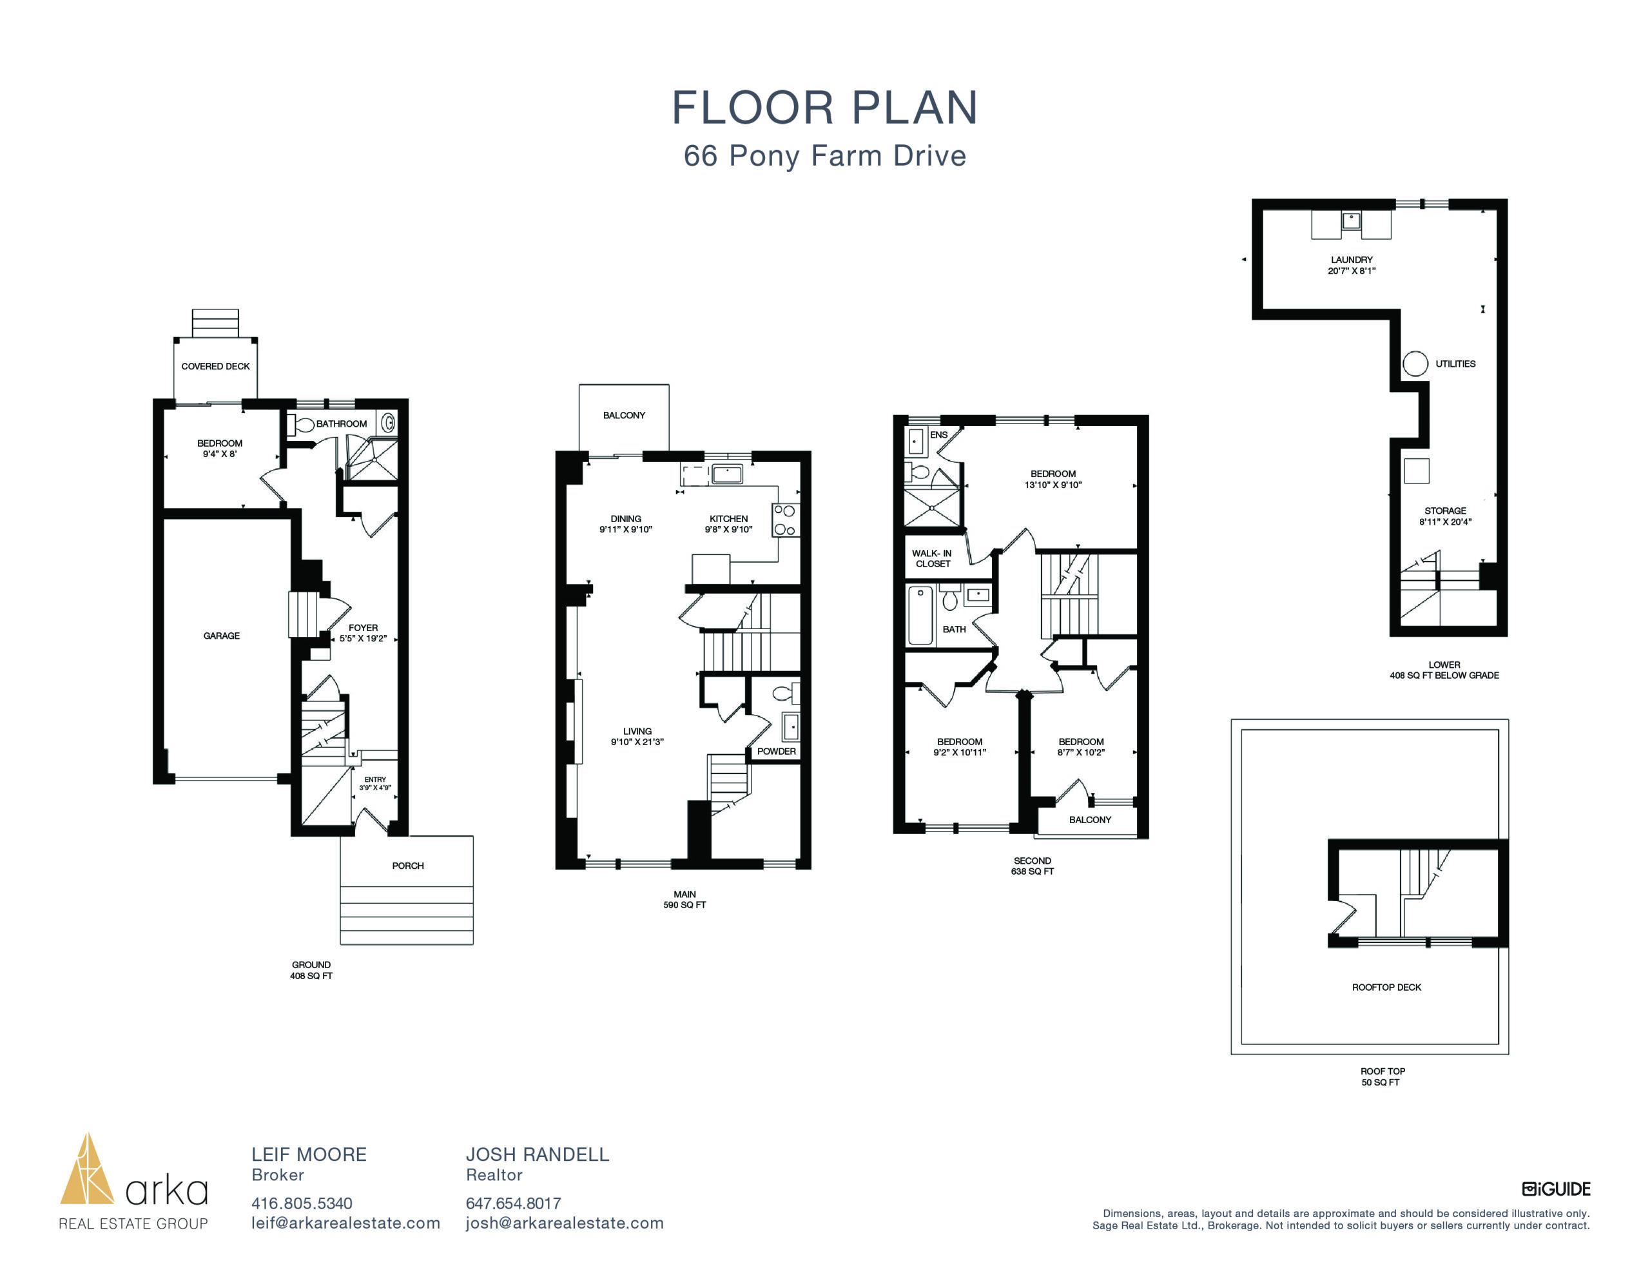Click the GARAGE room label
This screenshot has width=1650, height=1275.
click(221, 636)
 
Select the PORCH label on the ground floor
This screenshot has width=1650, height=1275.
click(408, 866)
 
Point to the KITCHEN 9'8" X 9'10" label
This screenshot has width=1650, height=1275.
click(728, 524)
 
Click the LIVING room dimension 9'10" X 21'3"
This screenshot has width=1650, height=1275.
click(637, 742)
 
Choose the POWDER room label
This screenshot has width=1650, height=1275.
click(777, 751)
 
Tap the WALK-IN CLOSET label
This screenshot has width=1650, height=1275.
click(932, 558)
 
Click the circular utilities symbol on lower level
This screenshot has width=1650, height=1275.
click(1415, 364)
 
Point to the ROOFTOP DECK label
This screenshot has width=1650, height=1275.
click(1386, 987)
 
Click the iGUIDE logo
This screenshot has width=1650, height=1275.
click(1557, 1189)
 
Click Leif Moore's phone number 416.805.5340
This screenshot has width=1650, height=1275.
click(302, 1203)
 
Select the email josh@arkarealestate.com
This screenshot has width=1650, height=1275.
click(565, 1223)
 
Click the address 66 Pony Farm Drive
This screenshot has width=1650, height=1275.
click(825, 156)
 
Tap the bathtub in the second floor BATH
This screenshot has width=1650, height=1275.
click(920, 614)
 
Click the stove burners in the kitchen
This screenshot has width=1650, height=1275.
click(785, 520)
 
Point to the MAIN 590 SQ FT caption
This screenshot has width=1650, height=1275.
click(684, 899)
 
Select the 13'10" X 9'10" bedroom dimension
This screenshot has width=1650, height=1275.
click(1053, 485)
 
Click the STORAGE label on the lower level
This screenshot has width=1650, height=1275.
click(1445, 511)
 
